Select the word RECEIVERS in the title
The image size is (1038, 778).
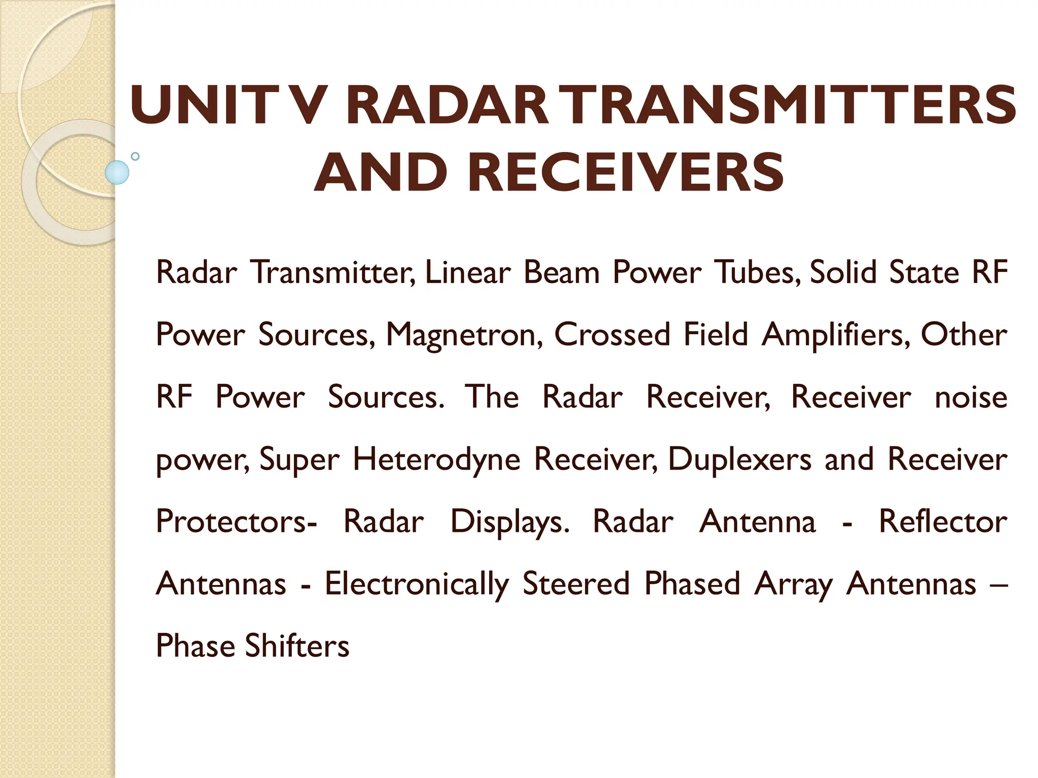pyautogui.click(x=626, y=173)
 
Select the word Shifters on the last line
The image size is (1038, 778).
pyautogui.click(x=297, y=646)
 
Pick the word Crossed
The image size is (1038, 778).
pyautogui.click(x=612, y=335)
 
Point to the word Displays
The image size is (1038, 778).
pyautogui.click(x=510, y=522)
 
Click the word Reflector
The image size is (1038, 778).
pyautogui.click(x=943, y=521)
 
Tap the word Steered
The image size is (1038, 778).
pyautogui.click(x=576, y=583)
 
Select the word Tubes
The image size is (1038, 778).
pyautogui.click(x=758, y=273)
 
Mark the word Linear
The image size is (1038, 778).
pyautogui.click(x=468, y=273)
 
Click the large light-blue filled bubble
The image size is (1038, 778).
pyautogui.click(x=117, y=172)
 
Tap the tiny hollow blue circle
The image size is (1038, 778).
pyautogui.click(x=135, y=157)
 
